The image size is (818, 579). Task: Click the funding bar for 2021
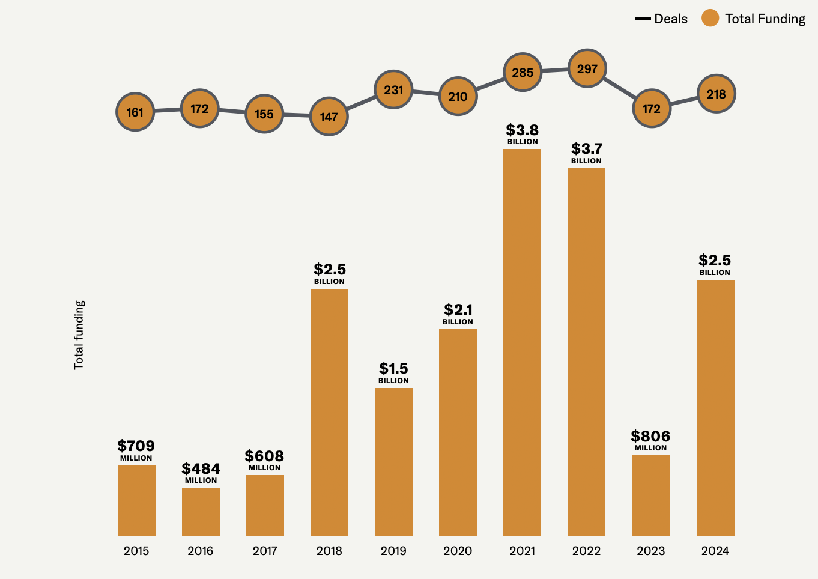click(522, 342)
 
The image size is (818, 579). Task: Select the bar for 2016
click(201, 512)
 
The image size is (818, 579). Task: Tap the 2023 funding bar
click(650, 496)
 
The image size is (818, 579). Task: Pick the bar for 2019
click(393, 462)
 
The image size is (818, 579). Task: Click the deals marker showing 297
click(587, 69)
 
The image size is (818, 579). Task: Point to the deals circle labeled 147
click(329, 117)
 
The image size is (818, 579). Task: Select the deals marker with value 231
click(393, 90)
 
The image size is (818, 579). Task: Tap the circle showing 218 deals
click(716, 94)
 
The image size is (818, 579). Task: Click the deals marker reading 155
click(264, 114)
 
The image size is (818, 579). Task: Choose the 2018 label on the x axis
click(329, 551)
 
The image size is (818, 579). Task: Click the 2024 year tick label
click(715, 551)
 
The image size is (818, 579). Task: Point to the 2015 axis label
click(136, 551)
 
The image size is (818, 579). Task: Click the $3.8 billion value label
click(523, 134)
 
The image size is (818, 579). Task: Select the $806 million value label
click(650, 440)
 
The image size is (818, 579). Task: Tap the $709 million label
click(136, 450)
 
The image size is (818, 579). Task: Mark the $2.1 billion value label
click(458, 314)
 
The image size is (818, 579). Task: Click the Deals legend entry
click(661, 19)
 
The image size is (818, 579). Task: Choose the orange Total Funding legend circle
click(710, 19)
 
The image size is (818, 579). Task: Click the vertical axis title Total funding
click(79, 335)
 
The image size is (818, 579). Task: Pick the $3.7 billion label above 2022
click(586, 153)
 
